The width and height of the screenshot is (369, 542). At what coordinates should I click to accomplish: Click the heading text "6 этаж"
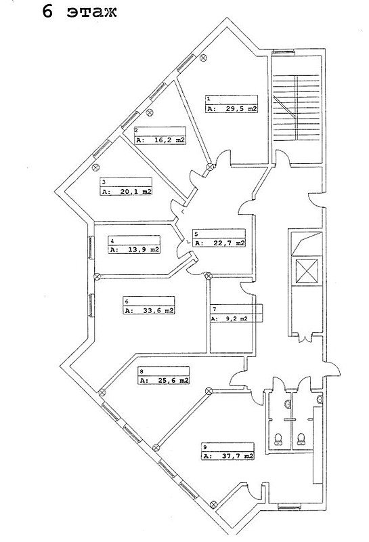pyautogui.click(x=79, y=12)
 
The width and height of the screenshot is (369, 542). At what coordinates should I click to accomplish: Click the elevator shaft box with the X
pyautogui.click(x=307, y=270)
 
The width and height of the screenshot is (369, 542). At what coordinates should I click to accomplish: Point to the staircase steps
pyautogui.click(x=297, y=108)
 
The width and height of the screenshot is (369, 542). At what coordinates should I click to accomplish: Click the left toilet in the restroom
pyautogui.click(x=278, y=439)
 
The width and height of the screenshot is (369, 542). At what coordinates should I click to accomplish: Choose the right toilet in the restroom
pyautogui.click(x=301, y=439)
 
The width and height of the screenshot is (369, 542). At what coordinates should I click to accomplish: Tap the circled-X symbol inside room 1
pyautogui.click(x=204, y=58)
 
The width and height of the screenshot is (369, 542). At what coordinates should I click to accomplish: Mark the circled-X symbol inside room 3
pyautogui.click(x=96, y=167)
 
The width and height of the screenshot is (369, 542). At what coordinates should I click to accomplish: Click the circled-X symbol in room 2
pyautogui.click(x=150, y=112)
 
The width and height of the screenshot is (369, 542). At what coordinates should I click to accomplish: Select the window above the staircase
pyautogui.click(x=283, y=53)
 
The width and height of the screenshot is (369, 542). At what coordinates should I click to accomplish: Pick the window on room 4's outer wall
pyautogui.click(x=91, y=247)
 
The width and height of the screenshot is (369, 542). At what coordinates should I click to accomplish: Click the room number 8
pyautogui.click(x=142, y=371)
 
